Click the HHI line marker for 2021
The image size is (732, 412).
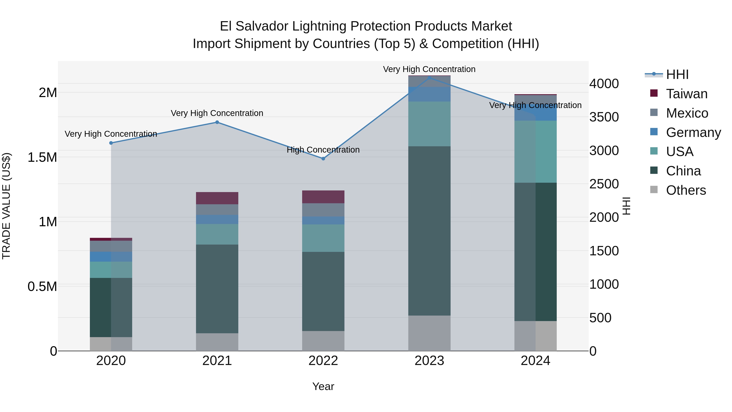tap(217, 122)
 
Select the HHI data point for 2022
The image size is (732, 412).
tap(323, 159)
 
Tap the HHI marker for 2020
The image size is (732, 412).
tap(111, 143)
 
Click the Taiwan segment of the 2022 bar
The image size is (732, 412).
tap(323, 197)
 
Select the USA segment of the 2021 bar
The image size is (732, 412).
tap(217, 234)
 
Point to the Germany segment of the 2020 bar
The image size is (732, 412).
tap(111, 257)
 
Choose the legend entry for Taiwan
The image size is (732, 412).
tap(686, 94)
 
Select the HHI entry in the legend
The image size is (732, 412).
tap(677, 74)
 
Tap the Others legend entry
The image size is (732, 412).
tap(685, 190)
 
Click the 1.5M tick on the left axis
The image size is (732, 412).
tap(42, 157)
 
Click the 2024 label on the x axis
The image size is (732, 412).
tap(535, 361)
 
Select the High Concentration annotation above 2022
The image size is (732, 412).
tap(323, 150)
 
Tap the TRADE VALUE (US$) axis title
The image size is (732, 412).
tap(6, 206)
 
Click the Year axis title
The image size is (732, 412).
tap(323, 387)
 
